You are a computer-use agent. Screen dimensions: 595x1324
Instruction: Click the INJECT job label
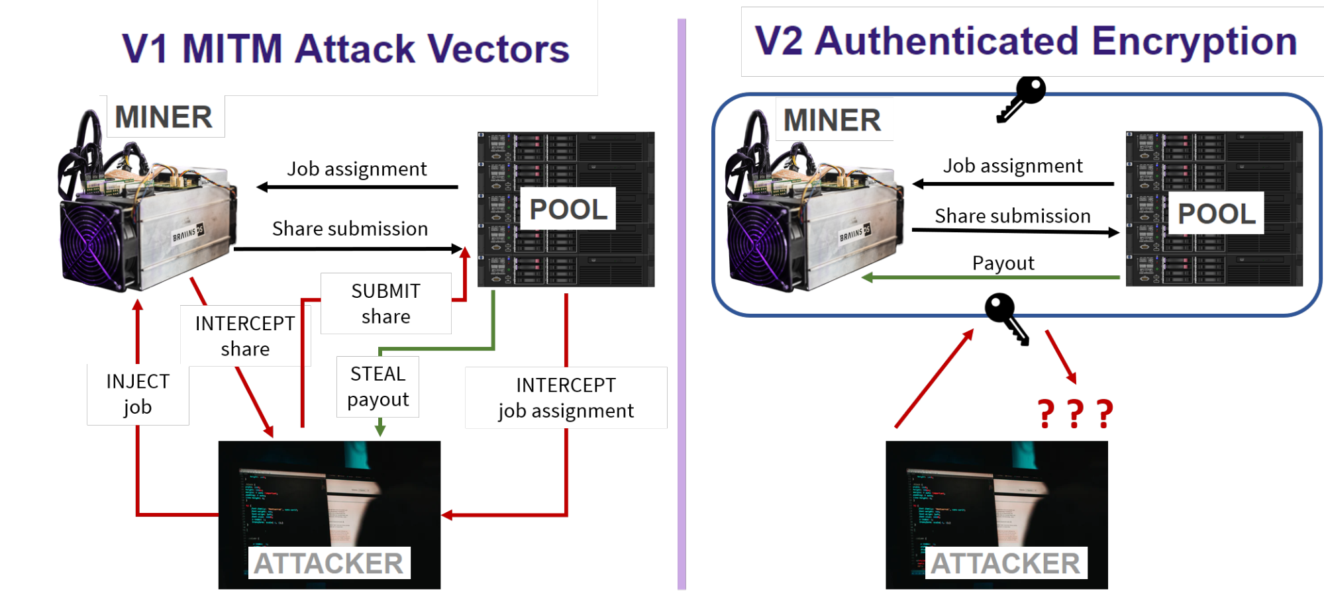(138, 394)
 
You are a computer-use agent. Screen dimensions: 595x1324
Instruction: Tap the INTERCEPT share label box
(245, 336)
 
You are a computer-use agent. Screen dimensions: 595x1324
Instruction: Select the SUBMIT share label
(386, 304)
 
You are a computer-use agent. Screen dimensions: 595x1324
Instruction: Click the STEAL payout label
(378, 387)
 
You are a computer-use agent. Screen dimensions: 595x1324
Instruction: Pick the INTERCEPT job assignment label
(566, 398)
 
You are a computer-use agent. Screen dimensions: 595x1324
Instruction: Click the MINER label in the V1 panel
(164, 117)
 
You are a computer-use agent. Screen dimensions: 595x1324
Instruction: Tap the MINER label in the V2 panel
(833, 120)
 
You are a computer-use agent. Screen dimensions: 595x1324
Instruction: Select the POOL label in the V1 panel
(568, 209)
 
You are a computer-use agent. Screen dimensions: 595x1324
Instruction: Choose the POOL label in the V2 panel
(1216, 213)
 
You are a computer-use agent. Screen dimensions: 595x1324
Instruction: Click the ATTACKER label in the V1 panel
(329, 563)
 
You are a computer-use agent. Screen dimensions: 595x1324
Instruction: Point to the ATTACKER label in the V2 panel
(1005, 563)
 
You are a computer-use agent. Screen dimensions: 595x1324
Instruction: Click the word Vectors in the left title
(498, 49)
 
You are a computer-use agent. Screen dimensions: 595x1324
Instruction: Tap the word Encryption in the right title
(1194, 41)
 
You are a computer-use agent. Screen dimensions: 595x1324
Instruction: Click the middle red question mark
(1076, 414)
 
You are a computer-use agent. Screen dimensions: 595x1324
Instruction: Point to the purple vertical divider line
(682, 304)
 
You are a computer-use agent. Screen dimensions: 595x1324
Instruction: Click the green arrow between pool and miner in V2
(993, 277)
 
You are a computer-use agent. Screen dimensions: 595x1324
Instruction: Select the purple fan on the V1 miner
(91, 244)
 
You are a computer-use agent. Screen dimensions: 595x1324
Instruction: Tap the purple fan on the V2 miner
(757, 245)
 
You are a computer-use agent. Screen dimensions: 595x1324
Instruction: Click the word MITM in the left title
(232, 49)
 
